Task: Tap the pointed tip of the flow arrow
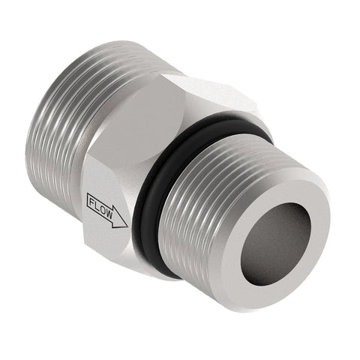(x=127, y=226)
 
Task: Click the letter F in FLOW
(x=92, y=202)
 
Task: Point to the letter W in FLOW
(x=109, y=214)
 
